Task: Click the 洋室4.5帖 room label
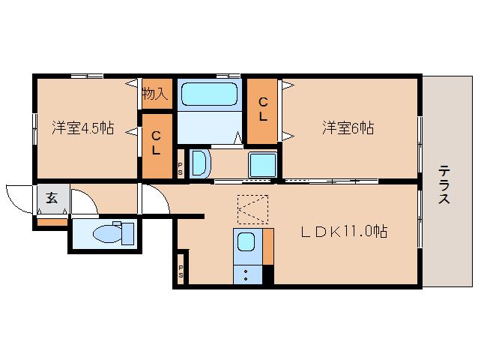pyautogui.click(x=82, y=127)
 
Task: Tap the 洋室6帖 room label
pyautogui.click(x=348, y=127)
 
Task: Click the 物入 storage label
pyautogui.click(x=156, y=94)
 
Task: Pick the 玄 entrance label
pyautogui.click(x=52, y=199)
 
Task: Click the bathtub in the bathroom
pyautogui.click(x=210, y=96)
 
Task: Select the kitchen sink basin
pyautogui.click(x=246, y=242)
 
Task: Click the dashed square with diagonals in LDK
pyautogui.click(x=252, y=208)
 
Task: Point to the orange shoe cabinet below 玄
pyautogui.click(x=52, y=222)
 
